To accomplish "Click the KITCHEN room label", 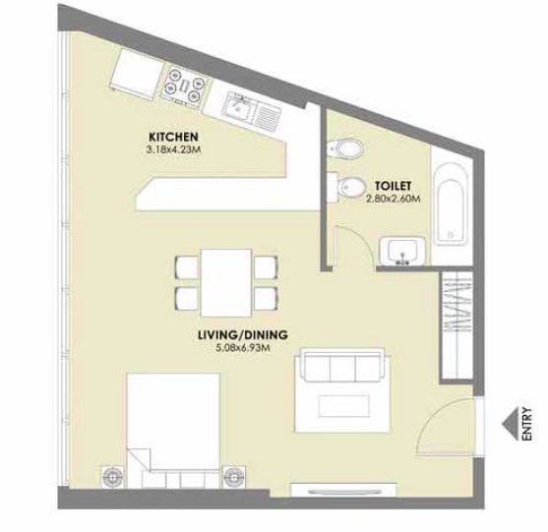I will [173, 136].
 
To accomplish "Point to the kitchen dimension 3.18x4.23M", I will [173, 150].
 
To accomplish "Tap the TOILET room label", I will [392, 184].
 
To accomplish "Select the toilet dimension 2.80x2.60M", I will [393, 198].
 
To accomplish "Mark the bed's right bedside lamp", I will [233, 476].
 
